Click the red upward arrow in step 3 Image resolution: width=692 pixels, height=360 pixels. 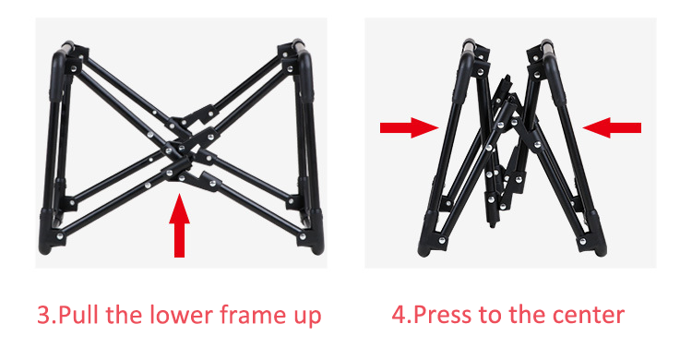click(x=179, y=225)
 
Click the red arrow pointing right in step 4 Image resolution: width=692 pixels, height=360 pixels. click(x=409, y=127)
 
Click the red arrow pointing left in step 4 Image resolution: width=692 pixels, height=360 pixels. click(x=612, y=127)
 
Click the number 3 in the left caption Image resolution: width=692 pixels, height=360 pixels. click(x=44, y=316)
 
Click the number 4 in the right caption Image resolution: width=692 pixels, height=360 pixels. click(x=400, y=316)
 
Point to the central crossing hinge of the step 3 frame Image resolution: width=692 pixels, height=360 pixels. click(x=180, y=146)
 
